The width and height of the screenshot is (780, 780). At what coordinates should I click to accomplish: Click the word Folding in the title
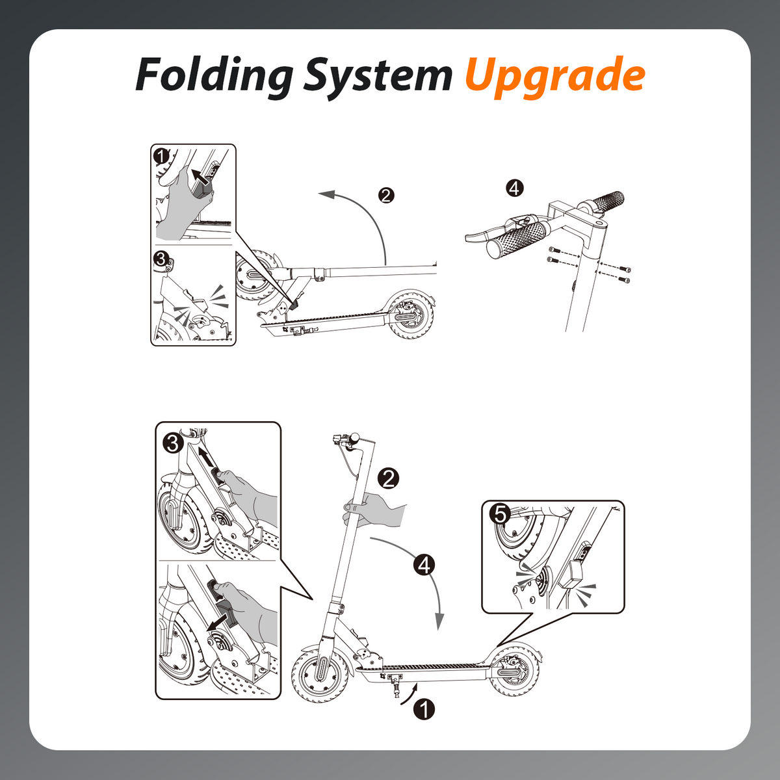pyautogui.click(x=214, y=75)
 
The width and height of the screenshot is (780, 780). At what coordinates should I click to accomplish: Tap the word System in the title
pyautogui.click(x=378, y=75)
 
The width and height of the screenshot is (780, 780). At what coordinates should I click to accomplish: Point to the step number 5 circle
pyautogui.click(x=500, y=515)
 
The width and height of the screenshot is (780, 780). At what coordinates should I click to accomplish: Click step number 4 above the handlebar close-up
pyautogui.click(x=515, y=188)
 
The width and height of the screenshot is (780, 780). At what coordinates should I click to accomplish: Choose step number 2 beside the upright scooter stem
pyautogui.click(x=388, y=479)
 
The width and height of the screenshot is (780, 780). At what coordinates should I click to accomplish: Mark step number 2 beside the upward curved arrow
pyautogui.click(x=386, y=196)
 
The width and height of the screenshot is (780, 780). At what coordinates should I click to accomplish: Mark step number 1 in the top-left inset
pyautogui.click(x=162, y=156)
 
